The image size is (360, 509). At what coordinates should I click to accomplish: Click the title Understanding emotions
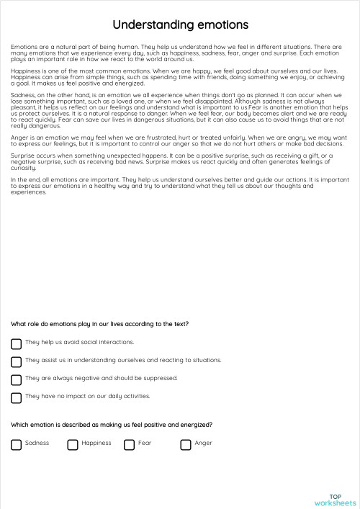(x=181, y=25)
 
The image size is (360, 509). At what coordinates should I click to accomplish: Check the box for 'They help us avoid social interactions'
(x=16, y=343)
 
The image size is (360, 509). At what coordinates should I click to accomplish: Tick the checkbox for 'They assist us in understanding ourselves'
(x=16, y=361)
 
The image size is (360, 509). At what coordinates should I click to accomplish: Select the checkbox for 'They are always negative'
(x=16, y=379)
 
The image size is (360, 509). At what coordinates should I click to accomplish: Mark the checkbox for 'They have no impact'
(x=16, y=397)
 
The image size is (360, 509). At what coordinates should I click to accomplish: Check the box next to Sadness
(x=16, y=444)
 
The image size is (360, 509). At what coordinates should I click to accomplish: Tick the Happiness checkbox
(x=73, y=444)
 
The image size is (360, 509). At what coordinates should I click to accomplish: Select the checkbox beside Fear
(x=129, y=444)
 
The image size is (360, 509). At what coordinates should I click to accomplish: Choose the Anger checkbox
(x=186, y=444)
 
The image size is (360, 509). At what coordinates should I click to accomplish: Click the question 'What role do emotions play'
(x=100, y=324)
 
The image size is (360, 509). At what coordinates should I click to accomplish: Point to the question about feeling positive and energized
(x=112, y=425)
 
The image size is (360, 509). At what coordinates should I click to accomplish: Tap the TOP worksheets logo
(x=335, y=499)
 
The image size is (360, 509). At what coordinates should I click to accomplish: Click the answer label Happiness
(x=96, y=443)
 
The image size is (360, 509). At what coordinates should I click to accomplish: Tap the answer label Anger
(x=203, y=443)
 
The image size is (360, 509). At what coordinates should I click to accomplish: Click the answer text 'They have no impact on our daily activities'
(x=87, y=396)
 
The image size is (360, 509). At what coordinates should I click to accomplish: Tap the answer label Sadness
(x=37, y=443)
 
